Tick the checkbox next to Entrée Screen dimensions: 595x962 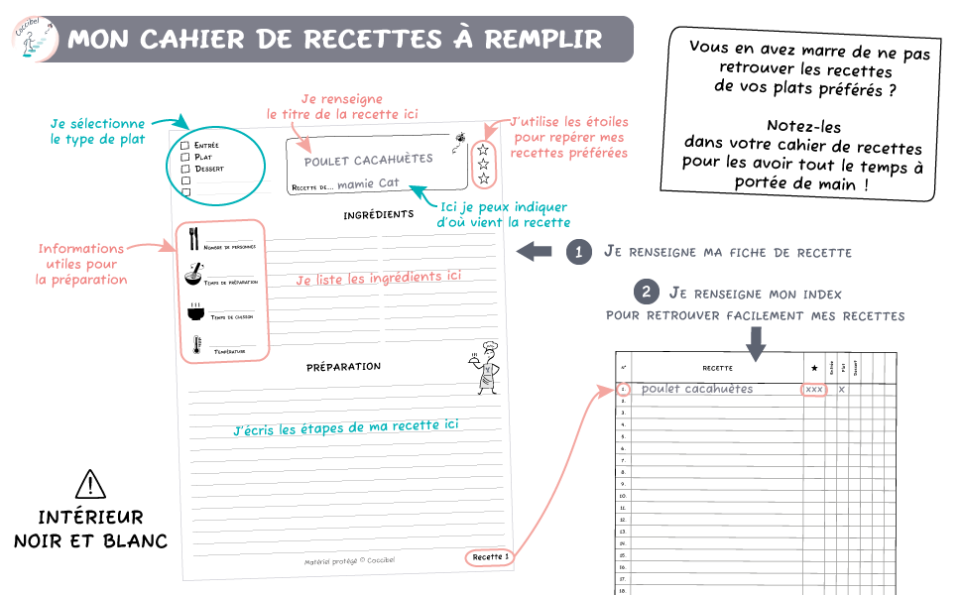click(x=184, y=145)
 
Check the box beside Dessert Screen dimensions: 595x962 click(x=184, y=169)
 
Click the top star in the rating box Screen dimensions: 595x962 click(x=483, y=150)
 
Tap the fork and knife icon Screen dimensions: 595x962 click(x=193, y=238)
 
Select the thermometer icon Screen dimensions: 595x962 click(x=196, y=345)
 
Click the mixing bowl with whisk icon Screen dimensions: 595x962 click(x=195, y=274)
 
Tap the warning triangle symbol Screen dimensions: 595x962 click(x=90, y=484)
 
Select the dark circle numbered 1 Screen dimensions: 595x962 click(x=579, y=252)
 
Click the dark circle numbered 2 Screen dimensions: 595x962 click(x=646, y=293)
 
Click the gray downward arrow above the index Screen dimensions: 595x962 click(x=756, y=340)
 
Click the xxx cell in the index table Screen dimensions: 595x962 click(x=814, y=389)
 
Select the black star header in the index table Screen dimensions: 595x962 click(x=814, y=368)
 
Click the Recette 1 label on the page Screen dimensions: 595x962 click(x=490, y=557)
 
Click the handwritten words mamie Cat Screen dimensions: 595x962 click(x=368, y=183)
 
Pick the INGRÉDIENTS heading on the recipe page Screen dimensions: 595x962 click(x=378, y=215)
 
